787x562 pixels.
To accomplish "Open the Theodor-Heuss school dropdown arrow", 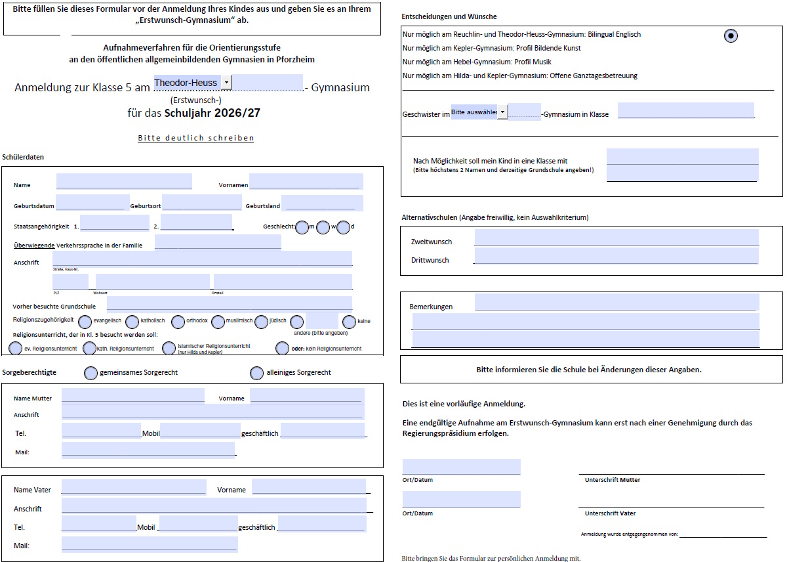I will pyautogui.click(x=226, y=83).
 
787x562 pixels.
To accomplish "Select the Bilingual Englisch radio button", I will pyautogui.click(x=731, y=36).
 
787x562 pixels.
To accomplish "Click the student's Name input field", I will pyautogui.click(x=124, y=181).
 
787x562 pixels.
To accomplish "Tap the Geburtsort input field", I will pyautogui.click(x=201, y=203).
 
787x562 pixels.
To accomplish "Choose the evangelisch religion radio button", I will pyautogui.click(x=85, y=322).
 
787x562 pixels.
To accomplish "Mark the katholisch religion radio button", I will pyautogui.click(x=132, y=322).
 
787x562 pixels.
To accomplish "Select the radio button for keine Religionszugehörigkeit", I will pyautogui.click(x=349, y=322).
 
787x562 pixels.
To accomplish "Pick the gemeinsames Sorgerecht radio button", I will pyautogui.click(x=91, y=373).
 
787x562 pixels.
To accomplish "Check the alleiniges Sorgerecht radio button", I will pyautogui.click(x=257, y=373).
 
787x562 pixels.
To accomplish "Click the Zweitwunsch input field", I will pyautogui.click(x=616, y=238).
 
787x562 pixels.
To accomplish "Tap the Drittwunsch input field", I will pyautogui.click(x=616, y=256).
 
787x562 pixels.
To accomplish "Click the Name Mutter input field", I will pyautogui.click(x=132, y=395).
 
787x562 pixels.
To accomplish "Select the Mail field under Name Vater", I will pyautogui.click(x=149, y=544).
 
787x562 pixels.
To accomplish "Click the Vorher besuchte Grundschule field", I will pyautogui.click(x=229, y=304).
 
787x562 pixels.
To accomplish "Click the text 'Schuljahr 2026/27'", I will pyautogui.click(x=212, y=113).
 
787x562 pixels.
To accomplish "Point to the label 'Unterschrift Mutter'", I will pyautogui.click(x=612, y=480).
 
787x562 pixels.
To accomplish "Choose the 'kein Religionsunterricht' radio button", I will pyautogui.click(x=283, y=348).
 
